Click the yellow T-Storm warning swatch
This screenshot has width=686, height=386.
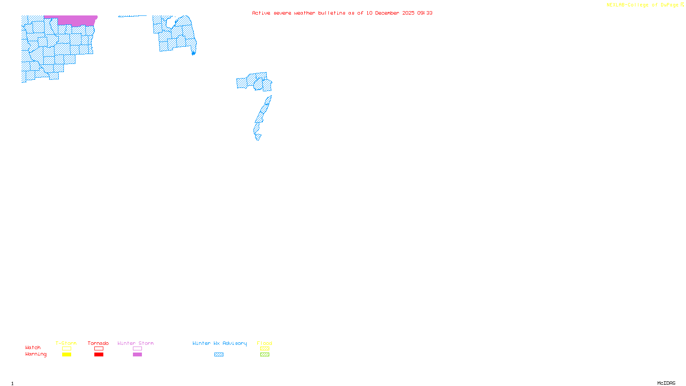(x=66, y=355)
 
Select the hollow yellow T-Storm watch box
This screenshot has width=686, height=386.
(x=66, y=349)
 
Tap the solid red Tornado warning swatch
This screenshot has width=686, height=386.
(x=99, y=355)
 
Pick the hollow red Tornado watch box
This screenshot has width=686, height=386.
(x=99, y=349)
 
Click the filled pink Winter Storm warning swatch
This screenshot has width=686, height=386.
(x=137, y=355)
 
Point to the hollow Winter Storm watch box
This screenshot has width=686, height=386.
(x=137, y=349)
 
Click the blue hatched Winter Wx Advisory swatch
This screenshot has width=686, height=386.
(x=219, y=355)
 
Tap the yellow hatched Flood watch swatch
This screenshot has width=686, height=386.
(x=265, y=349)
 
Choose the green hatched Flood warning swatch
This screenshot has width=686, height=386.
(x=265, y=355)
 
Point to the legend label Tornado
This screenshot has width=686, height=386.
(x=98, y=343)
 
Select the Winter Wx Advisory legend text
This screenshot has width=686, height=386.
(x=220, y=343)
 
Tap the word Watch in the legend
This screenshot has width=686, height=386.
(x=33, y=347)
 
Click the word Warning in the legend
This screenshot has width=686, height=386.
(x=36, y=354)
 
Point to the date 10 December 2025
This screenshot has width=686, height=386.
(x=390, y=13)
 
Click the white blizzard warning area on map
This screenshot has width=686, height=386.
(x=262, y=137)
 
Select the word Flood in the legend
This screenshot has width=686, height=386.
(x=265, y=343)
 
